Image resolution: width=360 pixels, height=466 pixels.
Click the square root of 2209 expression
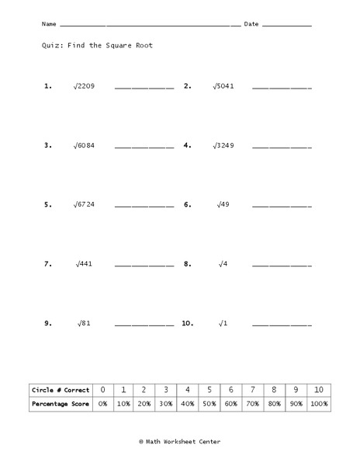tap(85, 86)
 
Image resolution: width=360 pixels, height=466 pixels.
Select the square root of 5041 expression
tap(223, 86)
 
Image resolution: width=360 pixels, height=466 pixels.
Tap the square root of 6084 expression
tap(85, 145)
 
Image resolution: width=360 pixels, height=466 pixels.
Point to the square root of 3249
tap(223, 145)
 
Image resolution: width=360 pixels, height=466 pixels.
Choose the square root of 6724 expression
tap(85, 205)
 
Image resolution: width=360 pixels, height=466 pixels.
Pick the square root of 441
tap(85, 264)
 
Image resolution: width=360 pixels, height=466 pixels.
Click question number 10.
tap(187, 323)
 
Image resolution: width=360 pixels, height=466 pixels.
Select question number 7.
tap(48, 264)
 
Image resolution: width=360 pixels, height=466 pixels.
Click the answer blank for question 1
tap(144, 88)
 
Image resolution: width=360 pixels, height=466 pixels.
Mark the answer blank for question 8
tap(282, 266)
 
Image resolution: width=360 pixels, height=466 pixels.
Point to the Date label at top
tap(251, 24)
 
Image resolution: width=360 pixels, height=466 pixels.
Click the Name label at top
tap(50, 24)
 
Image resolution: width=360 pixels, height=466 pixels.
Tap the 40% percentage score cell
tap(187, 404)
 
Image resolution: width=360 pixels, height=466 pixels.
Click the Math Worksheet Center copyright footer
tap(179, 441)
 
